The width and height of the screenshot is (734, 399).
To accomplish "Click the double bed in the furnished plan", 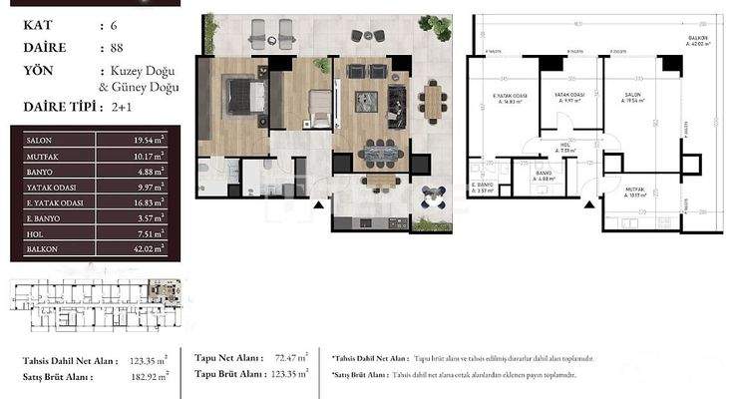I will click(243, 96).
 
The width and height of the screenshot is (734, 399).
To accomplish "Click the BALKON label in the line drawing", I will click(696, 39).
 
